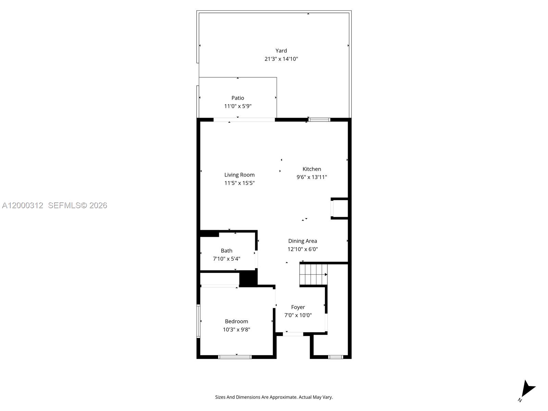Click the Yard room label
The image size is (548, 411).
[281, 51]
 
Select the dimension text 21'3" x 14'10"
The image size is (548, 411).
[281, 59]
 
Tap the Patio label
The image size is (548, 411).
[238, 98]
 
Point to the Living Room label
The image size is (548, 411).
[239, 175]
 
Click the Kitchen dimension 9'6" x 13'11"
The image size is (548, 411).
[312, 177]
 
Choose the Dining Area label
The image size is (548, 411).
[302, 241]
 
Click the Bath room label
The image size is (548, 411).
[226, 251]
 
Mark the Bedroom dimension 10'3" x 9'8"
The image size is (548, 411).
[236, 329]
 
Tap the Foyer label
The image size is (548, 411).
[298, 307]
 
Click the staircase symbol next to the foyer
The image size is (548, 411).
[313, 274]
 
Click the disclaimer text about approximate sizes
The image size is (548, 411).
[274, 397]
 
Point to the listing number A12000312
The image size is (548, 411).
[23, 206]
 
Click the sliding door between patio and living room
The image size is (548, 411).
[244, 120]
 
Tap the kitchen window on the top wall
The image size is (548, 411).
[319, 120]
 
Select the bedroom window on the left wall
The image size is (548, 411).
[198, 321]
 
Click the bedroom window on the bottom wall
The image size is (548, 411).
[235, 357]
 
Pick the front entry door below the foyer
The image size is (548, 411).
[293, 334]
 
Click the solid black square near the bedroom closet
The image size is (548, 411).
[248, 278]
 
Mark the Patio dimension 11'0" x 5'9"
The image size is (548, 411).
[238, 106]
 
